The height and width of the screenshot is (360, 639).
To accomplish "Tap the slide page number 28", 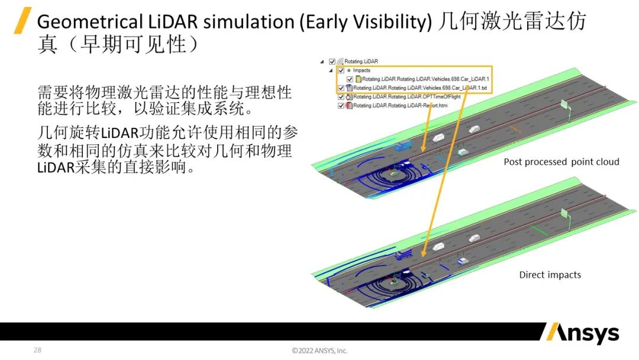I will click(x=37, y=350).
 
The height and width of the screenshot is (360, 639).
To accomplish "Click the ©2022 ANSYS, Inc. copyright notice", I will click(x=319, y=351).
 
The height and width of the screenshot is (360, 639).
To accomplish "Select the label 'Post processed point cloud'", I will click(x=561, y=162).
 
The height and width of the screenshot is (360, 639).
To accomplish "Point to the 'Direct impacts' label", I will click(x=550, y=275).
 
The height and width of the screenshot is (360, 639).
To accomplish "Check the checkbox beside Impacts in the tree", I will click(x=341, y=70).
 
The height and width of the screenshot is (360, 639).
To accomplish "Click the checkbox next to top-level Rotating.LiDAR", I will click(x=332, y=61).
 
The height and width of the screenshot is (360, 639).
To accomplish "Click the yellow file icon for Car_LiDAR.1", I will click(x=359, y=79).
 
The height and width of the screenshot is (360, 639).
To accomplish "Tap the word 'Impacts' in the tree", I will click(x=362, y=70).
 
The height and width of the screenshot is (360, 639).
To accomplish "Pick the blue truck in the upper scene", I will click(x=403, y=145).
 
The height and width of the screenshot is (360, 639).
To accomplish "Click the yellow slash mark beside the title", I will click(x=23, y=21).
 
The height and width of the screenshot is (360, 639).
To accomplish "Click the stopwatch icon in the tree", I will click(x=349, y=97).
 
